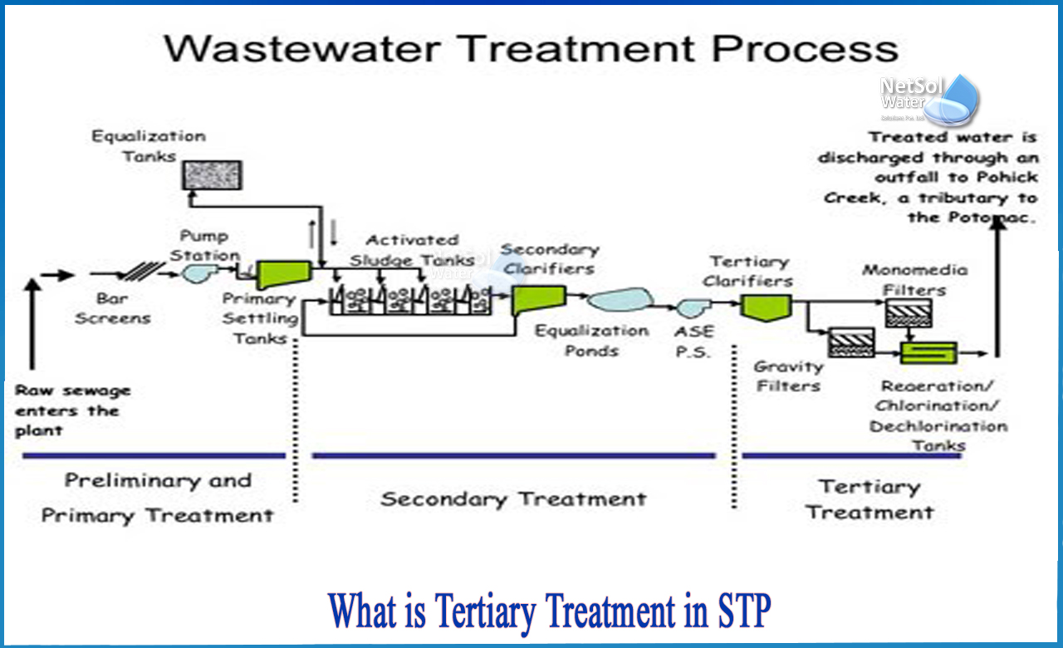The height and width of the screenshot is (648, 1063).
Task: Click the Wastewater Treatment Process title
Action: [x=531, y=47]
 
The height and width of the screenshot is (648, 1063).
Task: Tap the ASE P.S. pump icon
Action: [x=691, y=308]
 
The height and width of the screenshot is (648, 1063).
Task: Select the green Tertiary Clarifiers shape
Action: [x=765, y=307]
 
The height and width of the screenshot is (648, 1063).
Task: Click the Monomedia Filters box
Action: [x=908, y=312]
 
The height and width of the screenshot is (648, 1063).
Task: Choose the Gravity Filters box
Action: [x=852, y=341]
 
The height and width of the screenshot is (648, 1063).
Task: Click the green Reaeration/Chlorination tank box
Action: [x=929, y=352]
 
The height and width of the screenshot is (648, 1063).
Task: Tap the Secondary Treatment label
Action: [x=513, y=499]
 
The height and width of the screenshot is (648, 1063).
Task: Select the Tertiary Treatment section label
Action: [x=869, y=499]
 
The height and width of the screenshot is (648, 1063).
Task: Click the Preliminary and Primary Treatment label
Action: [x=158, y=498]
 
